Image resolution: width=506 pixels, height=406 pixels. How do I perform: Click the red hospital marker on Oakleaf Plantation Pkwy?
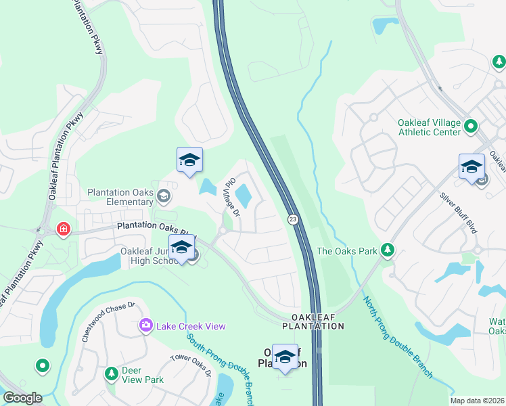[64, 229]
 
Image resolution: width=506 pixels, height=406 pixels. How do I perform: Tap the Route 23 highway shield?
[292, 219]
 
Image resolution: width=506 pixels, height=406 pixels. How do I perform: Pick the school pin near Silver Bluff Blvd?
[471, 166]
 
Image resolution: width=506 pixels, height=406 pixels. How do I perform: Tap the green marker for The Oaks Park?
[388, 251]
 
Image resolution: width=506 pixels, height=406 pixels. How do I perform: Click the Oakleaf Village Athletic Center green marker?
[471, 126]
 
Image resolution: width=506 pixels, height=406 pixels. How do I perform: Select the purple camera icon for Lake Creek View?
[145, 326]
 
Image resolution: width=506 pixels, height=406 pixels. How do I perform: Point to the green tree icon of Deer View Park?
[111, 374]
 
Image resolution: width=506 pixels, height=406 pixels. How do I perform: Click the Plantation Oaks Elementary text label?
[120, 197]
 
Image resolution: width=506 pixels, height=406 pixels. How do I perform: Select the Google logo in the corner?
[22, 398]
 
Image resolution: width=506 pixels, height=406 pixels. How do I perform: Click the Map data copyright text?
[477, 401]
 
